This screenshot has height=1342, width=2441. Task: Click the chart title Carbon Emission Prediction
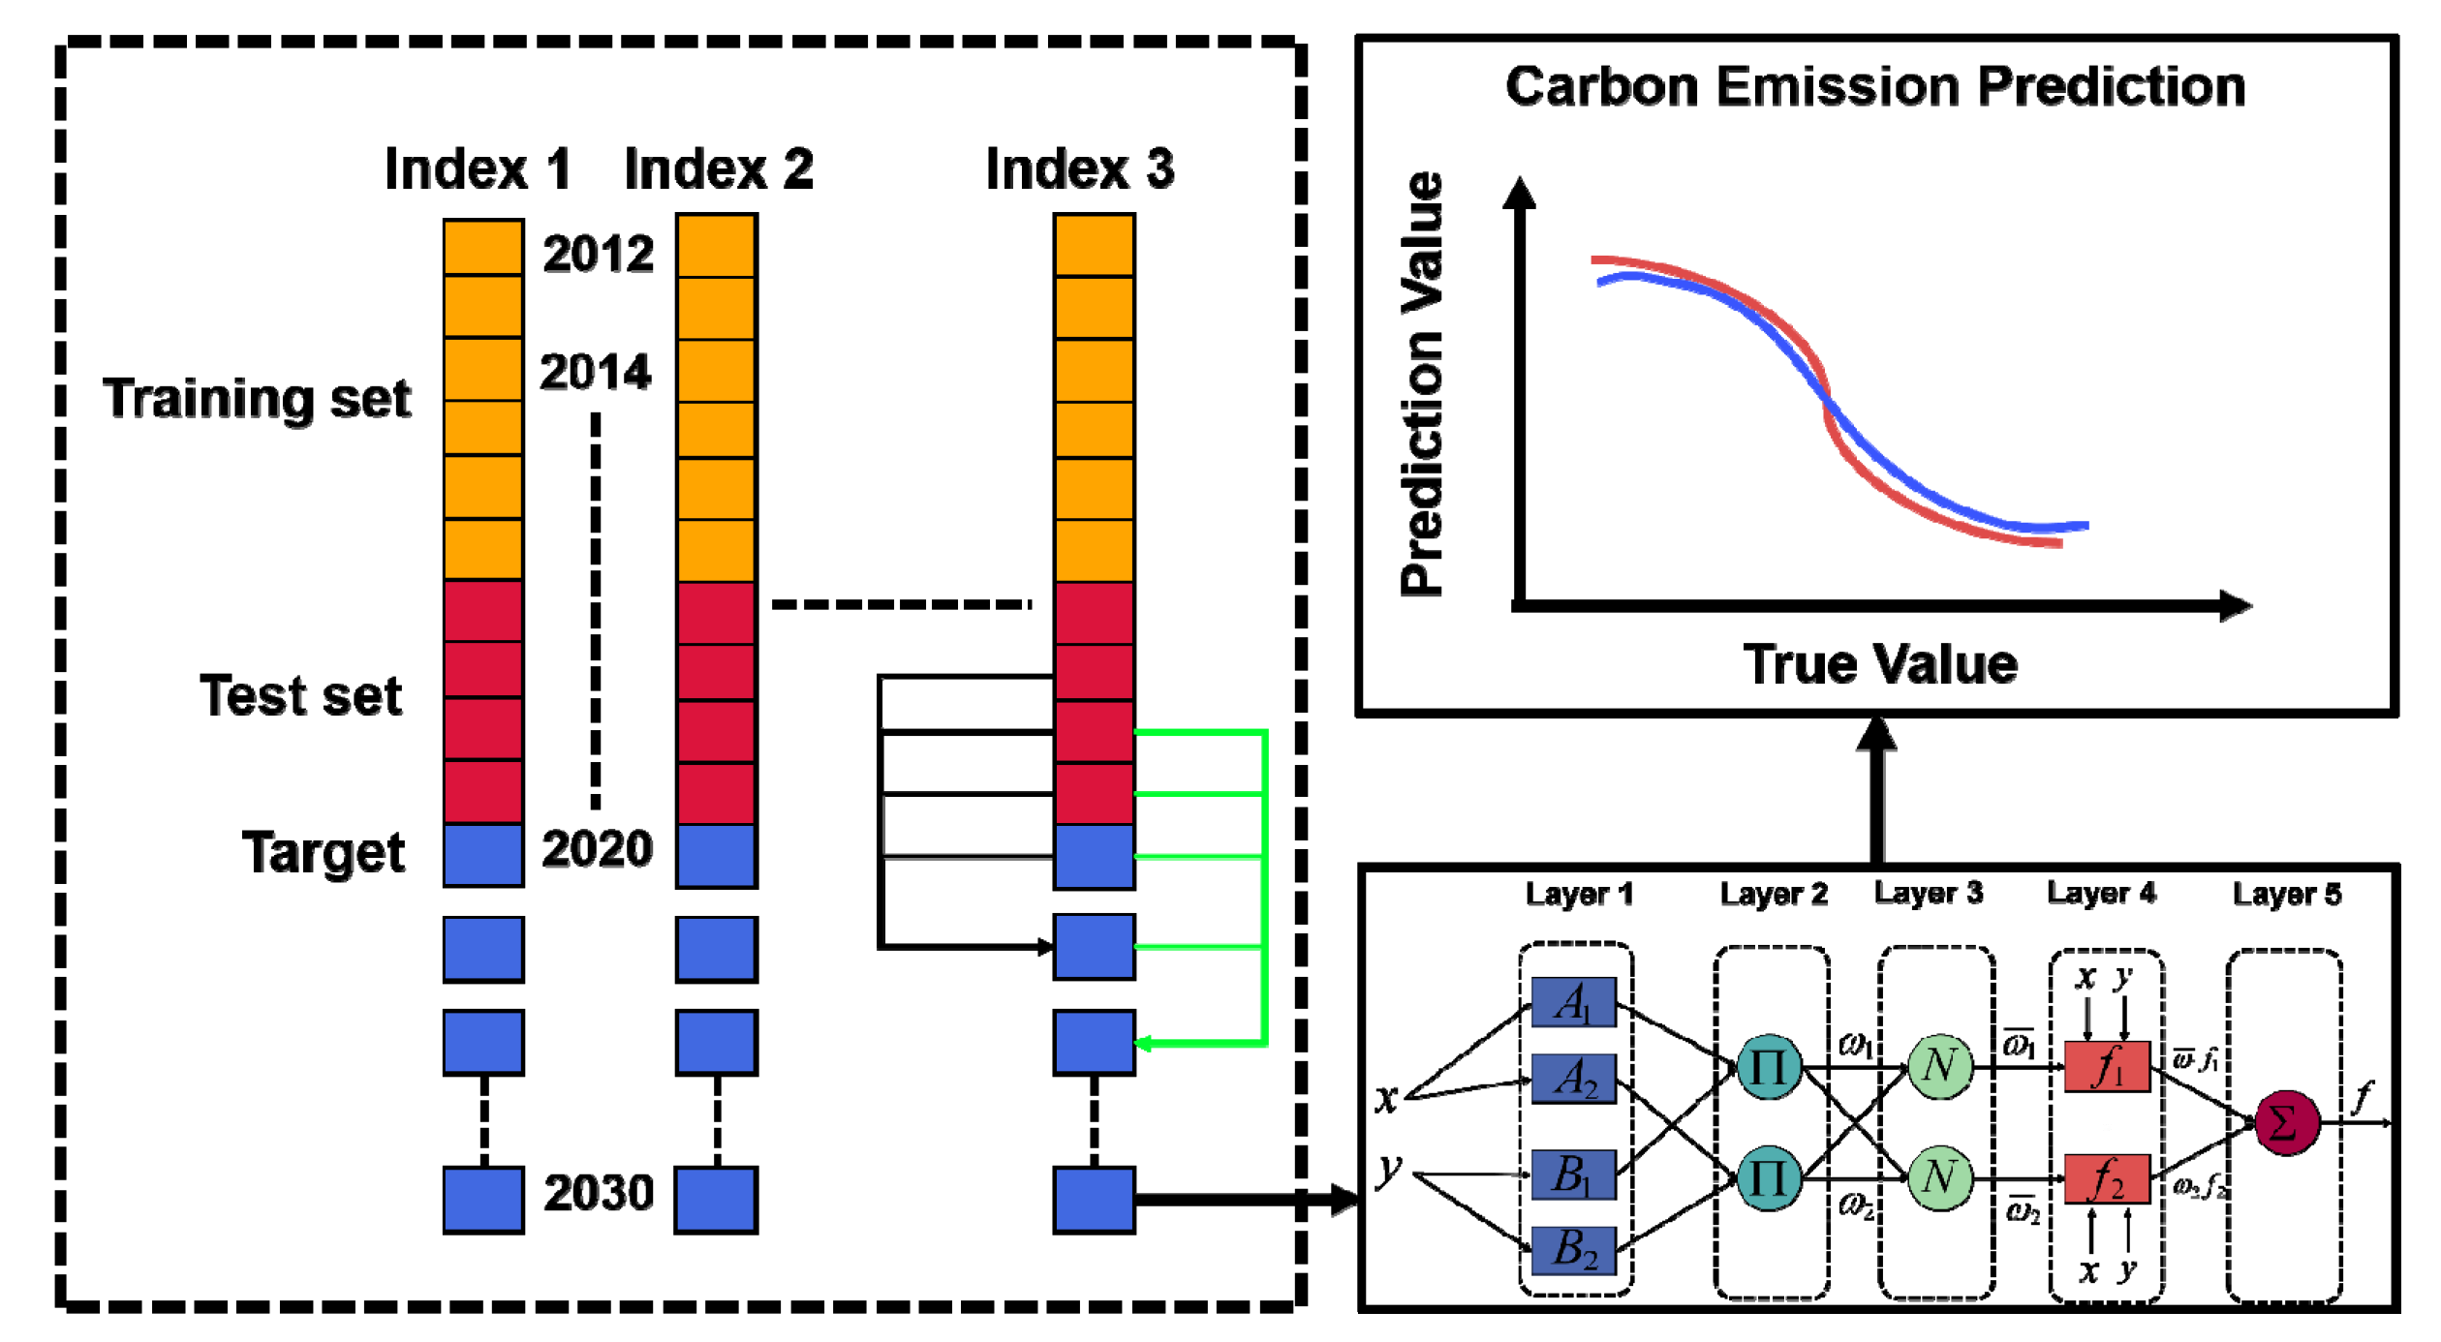1874,87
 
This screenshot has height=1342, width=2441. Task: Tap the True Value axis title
1880,665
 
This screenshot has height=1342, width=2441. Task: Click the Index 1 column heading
477,169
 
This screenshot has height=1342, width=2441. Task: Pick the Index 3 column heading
1079,169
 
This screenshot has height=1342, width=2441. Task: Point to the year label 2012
598,255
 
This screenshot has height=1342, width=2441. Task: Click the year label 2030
598,1193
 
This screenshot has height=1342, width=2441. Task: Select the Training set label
257,399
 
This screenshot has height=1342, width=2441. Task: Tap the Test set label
300,696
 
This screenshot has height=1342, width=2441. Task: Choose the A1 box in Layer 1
1573,1003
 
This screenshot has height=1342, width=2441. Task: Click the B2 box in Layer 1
1573,1250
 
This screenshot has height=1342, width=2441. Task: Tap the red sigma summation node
2286,1124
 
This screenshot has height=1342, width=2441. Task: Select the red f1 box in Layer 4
2106,1067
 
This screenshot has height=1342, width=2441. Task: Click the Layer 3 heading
1928,894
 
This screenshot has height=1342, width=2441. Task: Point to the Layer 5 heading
2286,895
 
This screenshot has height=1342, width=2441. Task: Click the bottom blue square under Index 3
1094,1200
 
